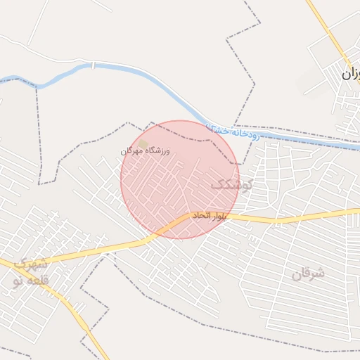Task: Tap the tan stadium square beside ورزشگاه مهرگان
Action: pyautogui.click(x=143, y=144)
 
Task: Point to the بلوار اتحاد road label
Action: pyautogui.click(x=211, y=216)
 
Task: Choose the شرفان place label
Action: pyautogui.click(x=309, y=274)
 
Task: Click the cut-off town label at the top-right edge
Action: pyautogui.click(x=351, y=72)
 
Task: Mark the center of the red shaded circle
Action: pyautogui.click(x=180, y=179)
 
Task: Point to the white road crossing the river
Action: pyautogui.click(x=92, y=65)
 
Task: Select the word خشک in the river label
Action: pyautogui.click(x=217, y=128)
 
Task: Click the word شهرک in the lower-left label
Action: pyautogui.click(x=32, y=265)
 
